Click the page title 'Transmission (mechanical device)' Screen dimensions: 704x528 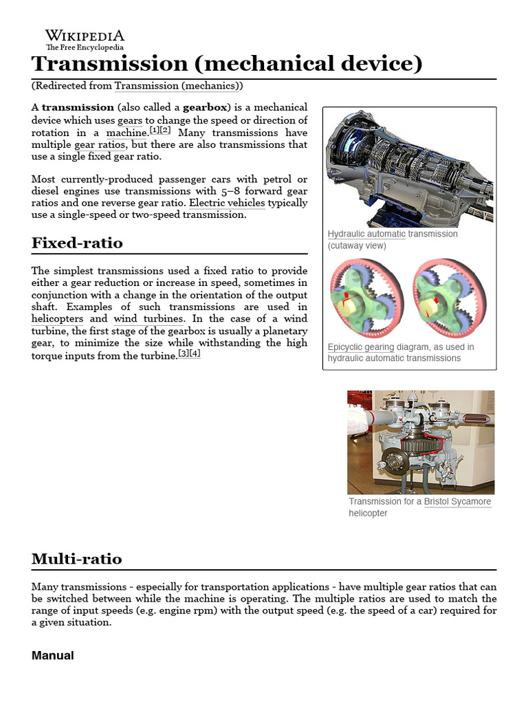[226, 64]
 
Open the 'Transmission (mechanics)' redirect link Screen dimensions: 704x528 [177, 86]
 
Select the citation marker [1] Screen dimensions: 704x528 [155, 131]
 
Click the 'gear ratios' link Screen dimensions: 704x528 [100, 145]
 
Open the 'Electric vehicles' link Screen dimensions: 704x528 [227, 203]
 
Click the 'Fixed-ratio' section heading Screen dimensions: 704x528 [77, 243]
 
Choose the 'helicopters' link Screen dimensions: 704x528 [57, 319]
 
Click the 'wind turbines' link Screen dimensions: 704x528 [148, 319]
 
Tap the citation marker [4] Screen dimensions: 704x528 [195, 354]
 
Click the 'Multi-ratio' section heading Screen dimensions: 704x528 [77, 558]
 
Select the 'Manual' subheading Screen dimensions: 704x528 [52, 655]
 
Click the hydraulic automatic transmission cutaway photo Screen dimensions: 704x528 [409, 168]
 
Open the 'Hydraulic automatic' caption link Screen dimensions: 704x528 [366, 234]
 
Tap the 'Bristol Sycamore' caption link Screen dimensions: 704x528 [457, 501]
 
